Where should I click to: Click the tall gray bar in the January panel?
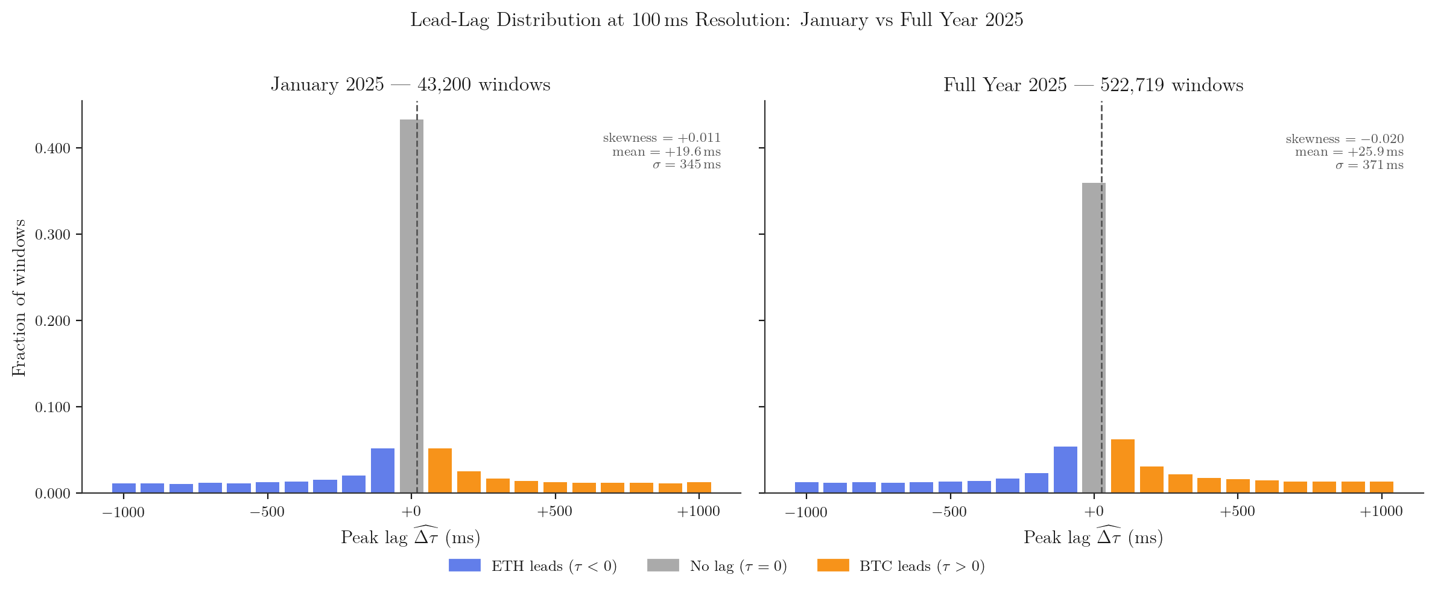(x=411, y=306)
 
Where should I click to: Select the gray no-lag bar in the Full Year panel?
(x=1094, y=338)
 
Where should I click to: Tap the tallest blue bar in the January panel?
(x=382, y=471)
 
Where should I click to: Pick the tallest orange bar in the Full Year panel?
(x=1123, y=466)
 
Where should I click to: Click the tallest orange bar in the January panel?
(x=440, y=471)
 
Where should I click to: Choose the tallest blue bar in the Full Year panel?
(x=1065, y=469)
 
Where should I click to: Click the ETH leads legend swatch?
(x=464, y=565)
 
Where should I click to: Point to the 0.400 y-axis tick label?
(x=52, y=148)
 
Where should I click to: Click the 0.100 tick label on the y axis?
(x=52, y=407)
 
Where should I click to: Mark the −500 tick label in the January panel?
(x=267, y=512)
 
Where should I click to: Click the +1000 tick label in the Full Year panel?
(x=1381, y=512)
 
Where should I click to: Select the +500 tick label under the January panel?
(x=554, y=512)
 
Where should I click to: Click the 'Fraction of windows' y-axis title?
(x=19, y=298)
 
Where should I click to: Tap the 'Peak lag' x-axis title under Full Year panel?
(x=1093, y=536)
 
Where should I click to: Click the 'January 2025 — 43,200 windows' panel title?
(x=410, y=84)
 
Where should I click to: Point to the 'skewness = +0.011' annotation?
(x=662, y=138)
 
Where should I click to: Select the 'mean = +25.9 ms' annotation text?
(x=1349, y=152)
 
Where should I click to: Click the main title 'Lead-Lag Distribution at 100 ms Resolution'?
(x=717, y=21)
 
